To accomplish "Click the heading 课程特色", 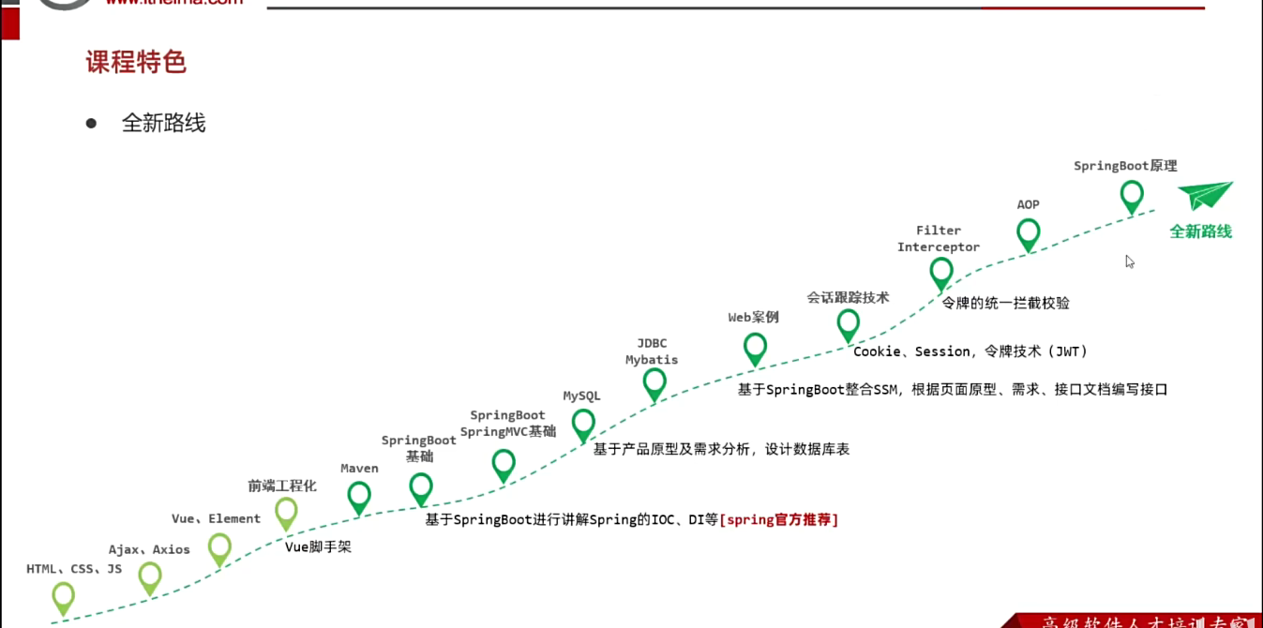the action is (x=136, y=62).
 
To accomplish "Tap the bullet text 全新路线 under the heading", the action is (x=163, y=123).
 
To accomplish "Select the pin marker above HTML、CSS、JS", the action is (x=63, y=596).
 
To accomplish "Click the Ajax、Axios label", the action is (x=149, y=550).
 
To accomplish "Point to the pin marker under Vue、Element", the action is (x=219, y=547).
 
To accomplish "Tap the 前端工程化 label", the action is (x=282, y=486).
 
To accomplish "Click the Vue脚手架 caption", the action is (x=318, y=546).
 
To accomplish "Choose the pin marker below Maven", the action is (x=359, y=496).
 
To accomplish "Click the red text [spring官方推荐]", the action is (x=779, y=518).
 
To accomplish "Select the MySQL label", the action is (x=581, y=396).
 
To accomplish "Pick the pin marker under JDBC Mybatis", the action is (x=654, y=382).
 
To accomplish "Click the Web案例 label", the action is (x=753, y=317).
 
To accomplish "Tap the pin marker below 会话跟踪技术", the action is (x=849, y=324).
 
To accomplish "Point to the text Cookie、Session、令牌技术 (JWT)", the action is (x=970, y=351).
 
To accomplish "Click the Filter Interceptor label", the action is (x=939, y=239).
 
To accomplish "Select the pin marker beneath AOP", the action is (x=1029, y=232).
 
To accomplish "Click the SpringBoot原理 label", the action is (x=1125, y=166).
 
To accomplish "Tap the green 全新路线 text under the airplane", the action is (x=1200, y=232).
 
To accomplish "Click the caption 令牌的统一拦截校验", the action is (x=1005, y=303).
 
